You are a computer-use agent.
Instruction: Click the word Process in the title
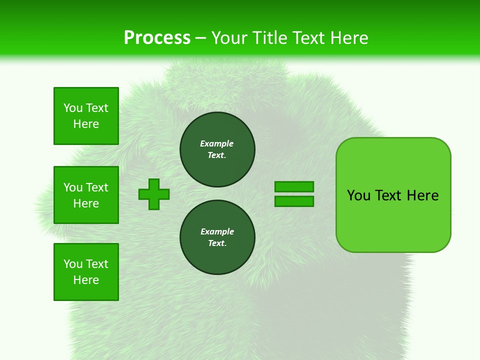click(x=157, y=38)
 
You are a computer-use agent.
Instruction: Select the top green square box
click(x=86, y=116)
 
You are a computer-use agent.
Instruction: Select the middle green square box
click(x=86, y=195)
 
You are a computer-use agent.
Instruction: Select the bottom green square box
click(x=86, y=271)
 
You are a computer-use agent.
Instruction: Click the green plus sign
click(x=154, y=194)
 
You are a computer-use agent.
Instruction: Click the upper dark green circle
click(x=217, y=149)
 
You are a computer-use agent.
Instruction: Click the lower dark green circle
click(x=217, y=237)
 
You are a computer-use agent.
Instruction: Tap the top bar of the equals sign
click(x=294, y=186)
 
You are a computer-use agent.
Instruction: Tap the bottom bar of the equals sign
click(x=294, y=201)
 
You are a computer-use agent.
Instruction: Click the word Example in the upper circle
click(x=217, y=143)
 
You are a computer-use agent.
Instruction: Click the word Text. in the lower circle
click(x=217, y=243)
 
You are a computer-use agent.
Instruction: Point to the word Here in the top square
click(x=86, y=124)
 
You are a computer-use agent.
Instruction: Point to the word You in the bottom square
click(x=73, y=264)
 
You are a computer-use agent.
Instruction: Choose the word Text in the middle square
click(x=97, y=187)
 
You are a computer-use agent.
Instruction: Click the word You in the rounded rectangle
click(x=358, y=195)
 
